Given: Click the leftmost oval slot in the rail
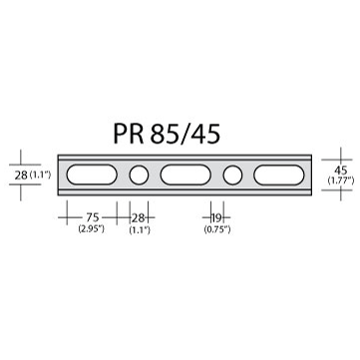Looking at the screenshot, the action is [92, 175].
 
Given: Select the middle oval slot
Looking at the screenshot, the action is [185, 175].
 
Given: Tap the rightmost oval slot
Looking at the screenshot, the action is [279, 175].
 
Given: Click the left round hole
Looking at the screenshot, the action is [139, 175].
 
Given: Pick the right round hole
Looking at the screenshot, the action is [232, 175].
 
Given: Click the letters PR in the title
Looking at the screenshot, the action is [129, 134].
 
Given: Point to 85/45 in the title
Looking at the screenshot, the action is [185, 134].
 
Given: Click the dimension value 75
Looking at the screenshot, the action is [93, 217].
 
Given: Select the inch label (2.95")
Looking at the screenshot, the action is [92, 229].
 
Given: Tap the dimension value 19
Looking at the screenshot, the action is [216, 218].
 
